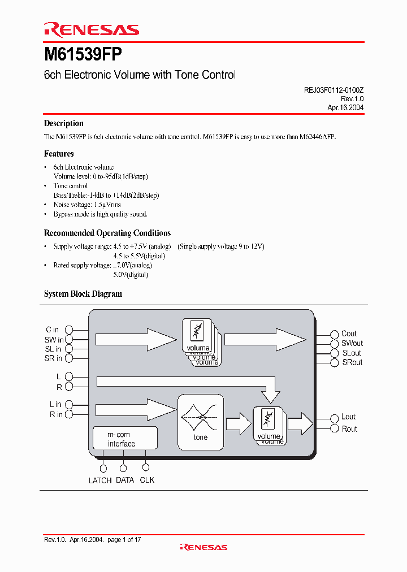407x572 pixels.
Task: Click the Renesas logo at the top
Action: coord(91,30)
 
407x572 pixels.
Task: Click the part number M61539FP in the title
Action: coord(83,55)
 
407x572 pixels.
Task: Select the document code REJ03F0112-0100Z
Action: coord(330,89)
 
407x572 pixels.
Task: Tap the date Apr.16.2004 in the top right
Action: coord(345,107)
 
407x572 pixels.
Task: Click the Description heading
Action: coord(64,123)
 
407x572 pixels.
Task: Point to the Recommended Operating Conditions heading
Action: coord(107,233)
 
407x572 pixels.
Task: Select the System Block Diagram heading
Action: coord(83,294)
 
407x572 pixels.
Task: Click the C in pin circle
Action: coord(70,330)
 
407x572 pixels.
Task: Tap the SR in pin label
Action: coord(53,358)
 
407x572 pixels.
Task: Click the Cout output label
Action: coord(349,333)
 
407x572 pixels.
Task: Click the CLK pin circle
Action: coord(145,467)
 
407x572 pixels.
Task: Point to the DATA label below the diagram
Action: coord(125,480)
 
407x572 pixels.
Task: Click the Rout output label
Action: coord(349,429)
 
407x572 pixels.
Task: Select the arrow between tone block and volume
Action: coord(238,423)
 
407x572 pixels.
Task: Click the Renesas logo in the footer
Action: coord(203,547)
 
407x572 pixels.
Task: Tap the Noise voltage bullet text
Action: coord(87,205)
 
